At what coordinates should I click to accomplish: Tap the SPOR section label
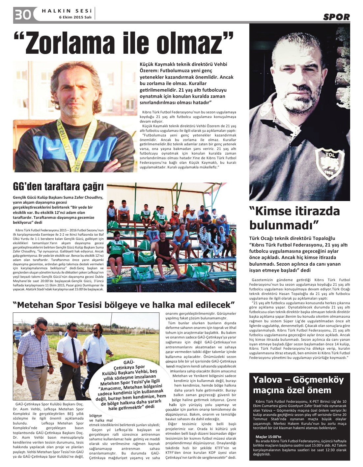pyautogui.click(x=336, y=17)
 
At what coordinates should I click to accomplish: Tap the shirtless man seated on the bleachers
pyautogui.click(x=162, y=247)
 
